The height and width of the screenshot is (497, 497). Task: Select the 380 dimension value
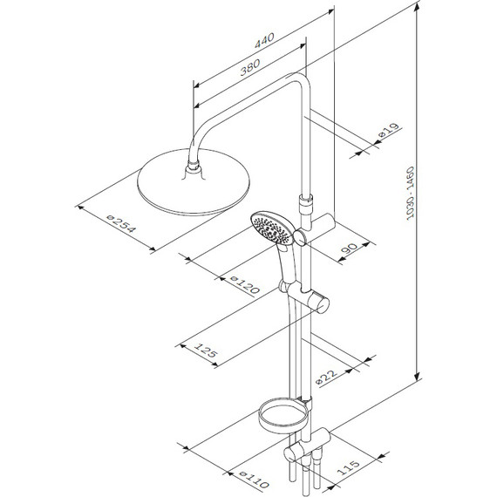[249, 67]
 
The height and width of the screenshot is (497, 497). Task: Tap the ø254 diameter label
[122, 224]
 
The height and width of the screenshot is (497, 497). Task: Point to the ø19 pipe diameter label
[389, 131]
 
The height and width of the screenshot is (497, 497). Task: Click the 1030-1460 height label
[410, 193]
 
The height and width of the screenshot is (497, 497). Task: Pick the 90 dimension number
[349, 248]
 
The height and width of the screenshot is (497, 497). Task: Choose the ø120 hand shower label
[245, 284]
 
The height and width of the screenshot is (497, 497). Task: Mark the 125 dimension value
[206, 351]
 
